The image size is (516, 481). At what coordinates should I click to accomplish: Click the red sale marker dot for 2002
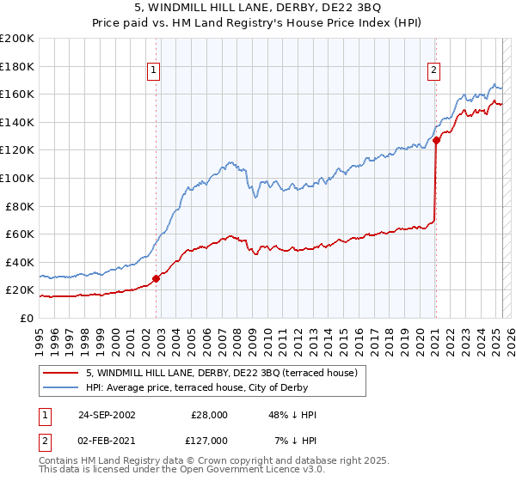157,278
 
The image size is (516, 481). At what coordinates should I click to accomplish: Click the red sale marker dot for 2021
436,140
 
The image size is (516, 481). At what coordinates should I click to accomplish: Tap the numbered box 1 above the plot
153,71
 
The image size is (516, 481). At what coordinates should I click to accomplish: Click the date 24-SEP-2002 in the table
107,414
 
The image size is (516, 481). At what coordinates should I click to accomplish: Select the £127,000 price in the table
208,440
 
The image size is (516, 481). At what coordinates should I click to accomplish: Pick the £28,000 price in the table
208,414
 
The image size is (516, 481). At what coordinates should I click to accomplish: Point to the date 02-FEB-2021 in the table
107,440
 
